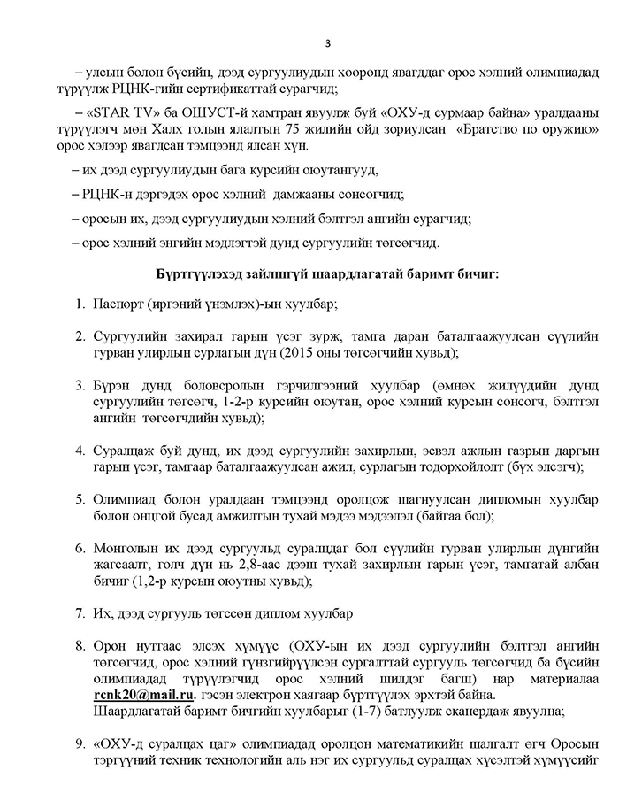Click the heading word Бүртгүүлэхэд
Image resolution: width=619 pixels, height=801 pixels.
click(x=199, y=273)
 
